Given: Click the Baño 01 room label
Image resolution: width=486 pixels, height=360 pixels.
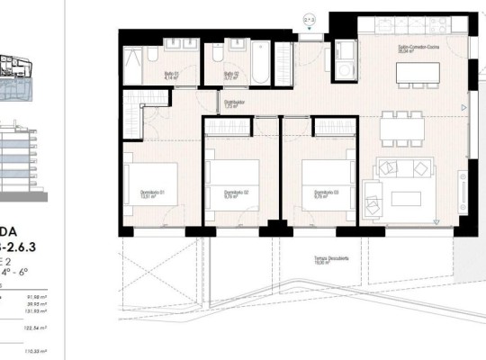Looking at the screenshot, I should (x=170, y=76).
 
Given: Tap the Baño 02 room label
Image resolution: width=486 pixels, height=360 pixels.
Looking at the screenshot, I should (x=230, y=76).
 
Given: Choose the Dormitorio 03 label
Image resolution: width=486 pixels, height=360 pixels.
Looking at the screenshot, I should (x=326, y=193).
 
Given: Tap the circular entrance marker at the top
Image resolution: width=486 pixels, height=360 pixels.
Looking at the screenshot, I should (x=308, y=16).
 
